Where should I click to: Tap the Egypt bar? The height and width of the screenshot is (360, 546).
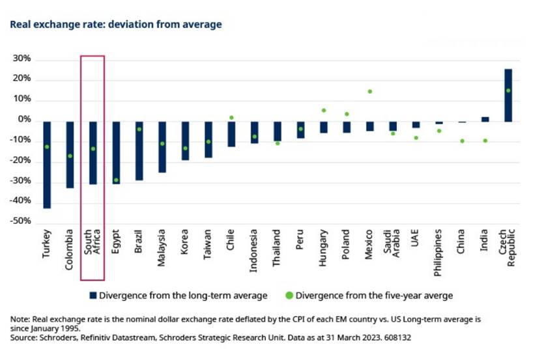click(116, 152)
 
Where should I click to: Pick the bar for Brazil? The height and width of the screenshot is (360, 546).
click(139, 150)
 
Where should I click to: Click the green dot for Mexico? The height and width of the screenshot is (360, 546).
click(369, 92)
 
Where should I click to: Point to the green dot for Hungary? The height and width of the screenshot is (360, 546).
click(323, 111)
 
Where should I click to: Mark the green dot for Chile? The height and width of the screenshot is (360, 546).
click(231, 118)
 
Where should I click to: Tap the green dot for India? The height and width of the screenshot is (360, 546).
click(485, 141)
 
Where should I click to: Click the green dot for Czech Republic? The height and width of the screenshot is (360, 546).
click(508, 90)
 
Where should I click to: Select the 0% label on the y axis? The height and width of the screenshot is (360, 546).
click(25, 120)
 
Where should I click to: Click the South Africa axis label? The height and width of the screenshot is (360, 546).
click(92, 246)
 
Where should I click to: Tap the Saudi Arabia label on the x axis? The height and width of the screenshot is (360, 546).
click(392, 245)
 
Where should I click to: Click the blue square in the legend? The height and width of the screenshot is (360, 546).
click(94, 296)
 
